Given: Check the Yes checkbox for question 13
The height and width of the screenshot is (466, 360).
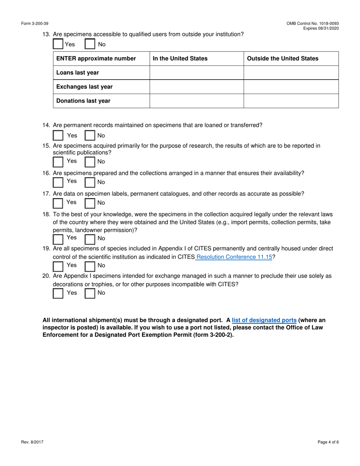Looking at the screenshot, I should click(58, 44).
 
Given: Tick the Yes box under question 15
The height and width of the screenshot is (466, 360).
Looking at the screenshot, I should click(58, 162).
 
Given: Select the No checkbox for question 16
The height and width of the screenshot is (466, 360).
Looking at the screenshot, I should click(90, 182).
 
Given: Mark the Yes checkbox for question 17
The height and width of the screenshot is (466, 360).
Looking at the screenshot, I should click(58, 203).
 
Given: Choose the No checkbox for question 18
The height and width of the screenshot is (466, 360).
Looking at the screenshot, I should click(90, 239).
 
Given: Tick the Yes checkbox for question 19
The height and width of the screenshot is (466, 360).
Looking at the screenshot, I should click(58, 266).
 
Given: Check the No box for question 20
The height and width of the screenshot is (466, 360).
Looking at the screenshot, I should click(90, 293).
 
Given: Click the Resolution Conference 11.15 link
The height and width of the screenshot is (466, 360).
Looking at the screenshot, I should click(235, 256).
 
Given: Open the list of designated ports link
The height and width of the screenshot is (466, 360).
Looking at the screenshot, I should click(264, 320).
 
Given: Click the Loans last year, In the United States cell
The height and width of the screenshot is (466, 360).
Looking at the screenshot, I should click(196, 73).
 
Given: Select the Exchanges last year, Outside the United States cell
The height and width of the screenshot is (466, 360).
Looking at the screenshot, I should click(291, 87).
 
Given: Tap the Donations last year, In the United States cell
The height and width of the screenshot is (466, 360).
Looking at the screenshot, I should click(196, 101).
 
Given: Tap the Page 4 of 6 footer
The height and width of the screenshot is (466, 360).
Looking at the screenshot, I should click(328, 442).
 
